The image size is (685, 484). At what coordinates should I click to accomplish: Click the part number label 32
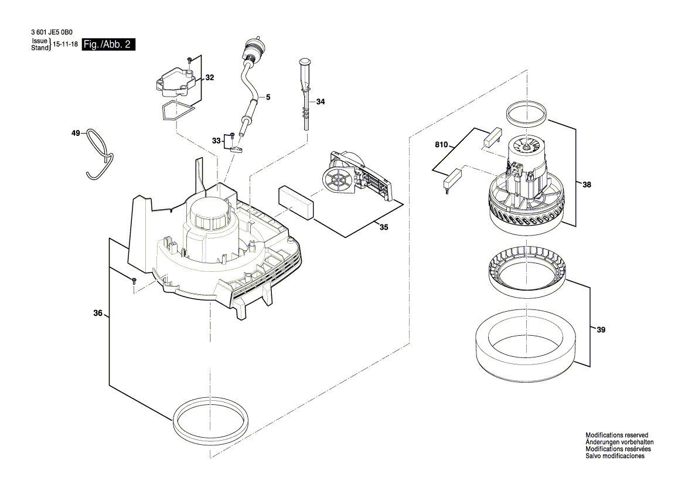[x=210, y=78]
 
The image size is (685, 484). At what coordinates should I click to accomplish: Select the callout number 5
[x=268, y=97]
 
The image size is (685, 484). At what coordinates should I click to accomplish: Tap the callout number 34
[x=320, y=102]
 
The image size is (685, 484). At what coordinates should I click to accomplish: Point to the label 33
[x=217, y=141]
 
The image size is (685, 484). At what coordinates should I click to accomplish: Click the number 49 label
[x=76, y=134]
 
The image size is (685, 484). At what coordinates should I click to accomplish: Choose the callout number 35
[x=383, y=227]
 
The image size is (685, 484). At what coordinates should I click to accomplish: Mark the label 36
[x=98, y=313]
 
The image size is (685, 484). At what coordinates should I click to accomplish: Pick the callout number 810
[x=441, y=144]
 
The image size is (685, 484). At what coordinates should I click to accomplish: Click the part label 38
[x=587, y=185]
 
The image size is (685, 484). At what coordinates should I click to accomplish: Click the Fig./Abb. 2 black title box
[x=109, y=45]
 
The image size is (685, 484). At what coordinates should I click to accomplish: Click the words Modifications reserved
[x=616, y=435]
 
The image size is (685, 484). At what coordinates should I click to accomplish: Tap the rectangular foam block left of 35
[x=297, y=202]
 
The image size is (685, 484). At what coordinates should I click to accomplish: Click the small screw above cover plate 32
[x=190, y=60]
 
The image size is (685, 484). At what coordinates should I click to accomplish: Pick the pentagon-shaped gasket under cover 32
[x=176, y=110]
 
